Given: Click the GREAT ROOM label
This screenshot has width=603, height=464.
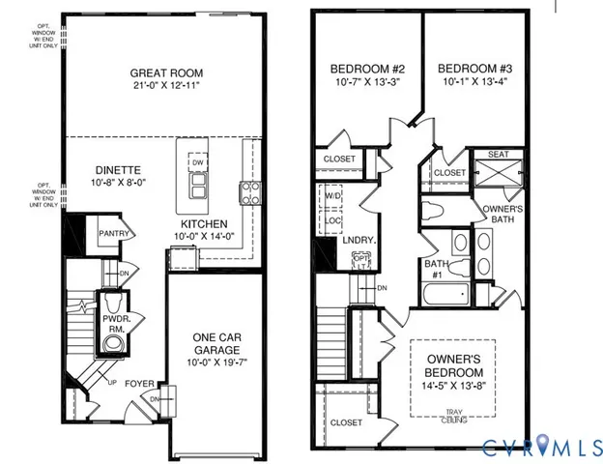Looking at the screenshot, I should (164, 72).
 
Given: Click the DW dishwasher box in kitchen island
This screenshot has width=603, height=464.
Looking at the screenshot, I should (197, 163).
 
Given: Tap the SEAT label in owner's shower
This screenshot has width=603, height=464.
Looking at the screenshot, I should (500, 154).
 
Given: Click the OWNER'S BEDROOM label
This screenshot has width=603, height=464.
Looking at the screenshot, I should (453, 364).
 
